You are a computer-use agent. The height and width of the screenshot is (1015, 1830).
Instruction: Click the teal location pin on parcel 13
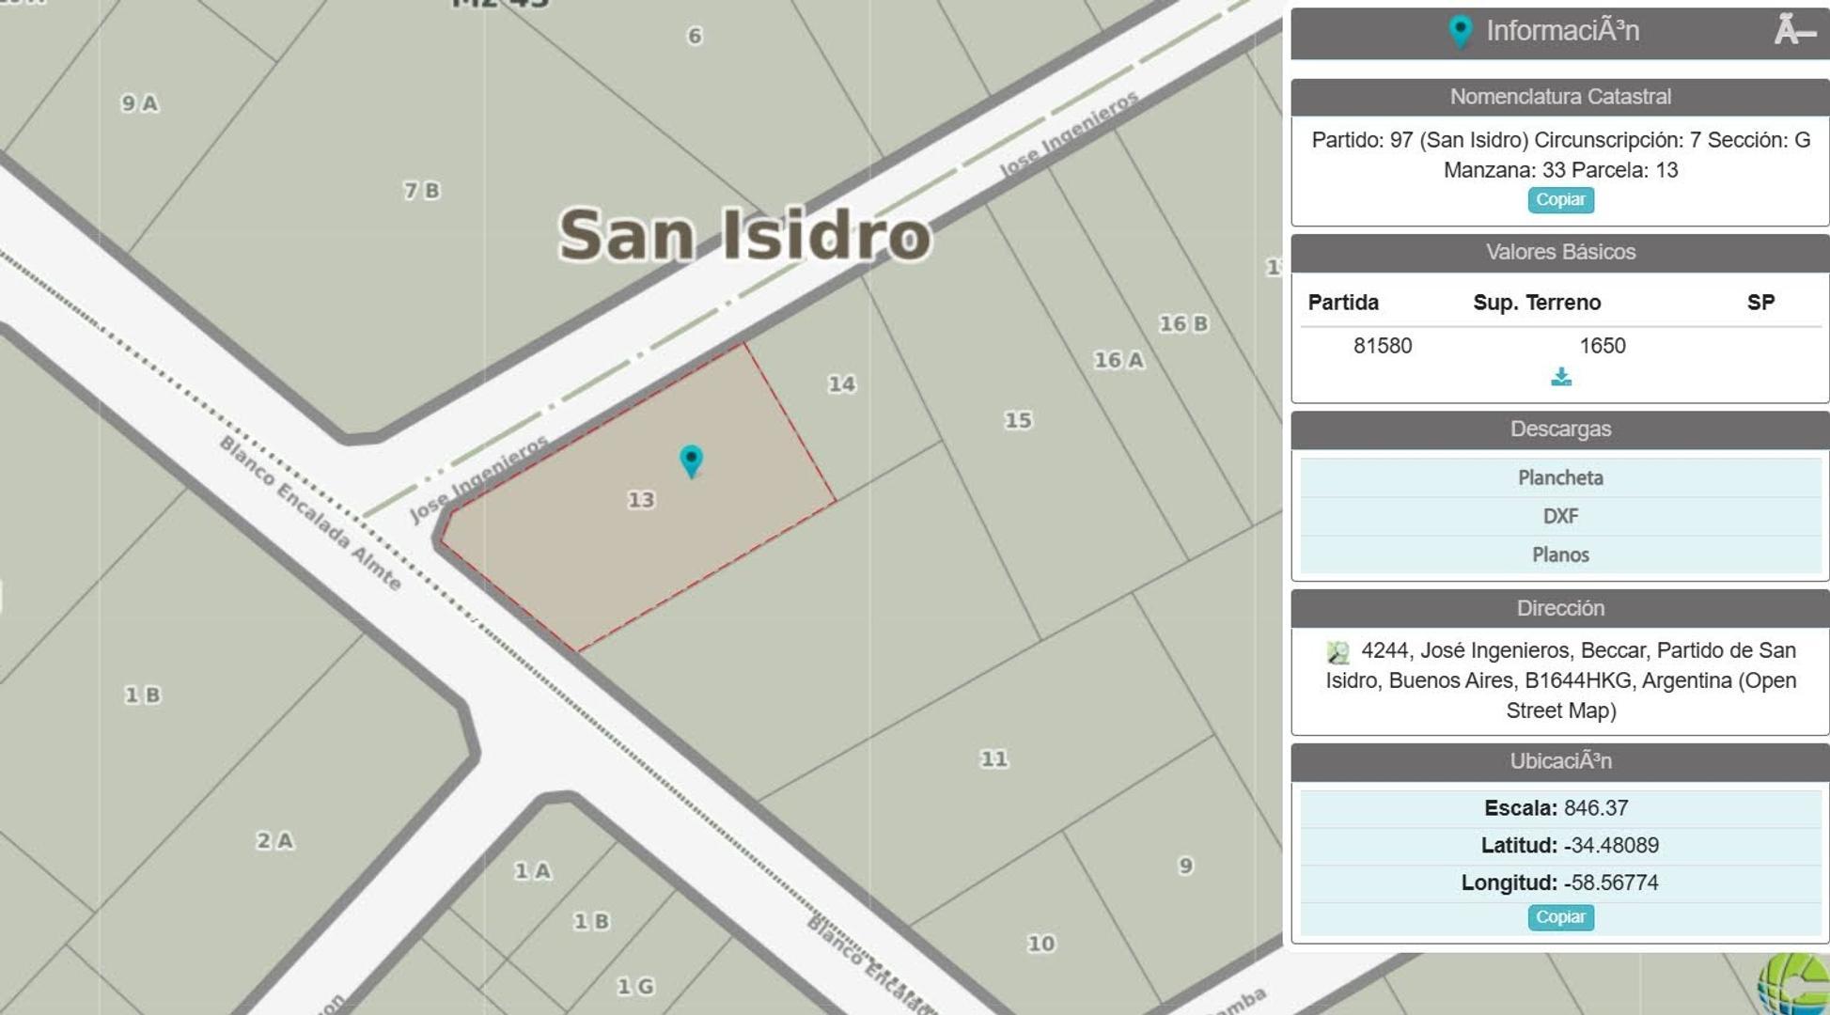click(691, 461)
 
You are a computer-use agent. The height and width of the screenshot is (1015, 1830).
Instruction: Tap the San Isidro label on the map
click(744, 235)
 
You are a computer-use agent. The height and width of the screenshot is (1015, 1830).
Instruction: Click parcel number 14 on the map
click(841, 383)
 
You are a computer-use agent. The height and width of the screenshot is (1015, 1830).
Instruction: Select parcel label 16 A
click(1118, 360)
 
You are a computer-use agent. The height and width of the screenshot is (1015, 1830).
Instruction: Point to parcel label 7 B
click(421, 191)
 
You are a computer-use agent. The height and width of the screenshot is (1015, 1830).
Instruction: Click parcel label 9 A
click(139, 103)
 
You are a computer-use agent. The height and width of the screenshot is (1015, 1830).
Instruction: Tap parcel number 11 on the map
click(993, 758)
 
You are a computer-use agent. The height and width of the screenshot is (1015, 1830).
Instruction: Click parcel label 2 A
click(274, 840)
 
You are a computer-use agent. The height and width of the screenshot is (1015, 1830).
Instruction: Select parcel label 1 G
click(635, 986)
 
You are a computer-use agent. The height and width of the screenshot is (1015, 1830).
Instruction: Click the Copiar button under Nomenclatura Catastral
click(1560, 199)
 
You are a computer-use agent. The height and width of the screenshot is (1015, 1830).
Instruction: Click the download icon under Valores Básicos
click(1560, 377)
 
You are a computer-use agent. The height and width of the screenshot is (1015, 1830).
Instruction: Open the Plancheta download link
click(1560, 477)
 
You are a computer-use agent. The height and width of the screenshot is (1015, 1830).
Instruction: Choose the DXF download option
click(1560, 516)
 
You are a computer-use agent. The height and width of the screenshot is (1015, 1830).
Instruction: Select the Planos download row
click(1560, 554)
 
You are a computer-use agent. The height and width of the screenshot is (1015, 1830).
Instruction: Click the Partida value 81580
click(1383, 346)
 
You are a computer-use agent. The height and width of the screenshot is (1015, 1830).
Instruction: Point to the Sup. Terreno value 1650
click(1602, 346)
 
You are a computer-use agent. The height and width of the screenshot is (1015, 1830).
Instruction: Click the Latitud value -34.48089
click(1611, 845)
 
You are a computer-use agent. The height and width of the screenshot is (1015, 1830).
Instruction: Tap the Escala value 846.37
click(1596, 808)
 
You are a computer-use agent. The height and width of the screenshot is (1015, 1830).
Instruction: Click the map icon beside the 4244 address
click(1337, 651)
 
